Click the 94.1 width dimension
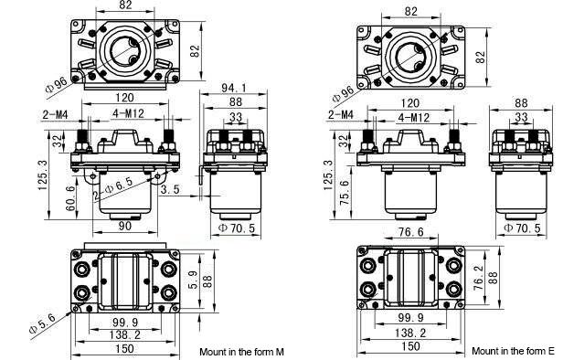click(x=234, y=88)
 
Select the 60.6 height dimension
click(x=70, y=198)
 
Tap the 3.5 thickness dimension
click(x=170, y=189)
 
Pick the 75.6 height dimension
click(x=345, y=192)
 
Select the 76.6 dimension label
click(x=410, y=232)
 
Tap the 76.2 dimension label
click(x=479, y=278)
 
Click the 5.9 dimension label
click(x=193, y=280)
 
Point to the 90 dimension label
click(x=124, y=226)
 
